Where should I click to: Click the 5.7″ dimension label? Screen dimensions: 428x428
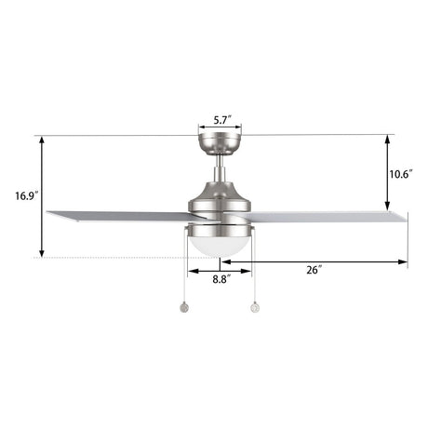[x=221, y=120]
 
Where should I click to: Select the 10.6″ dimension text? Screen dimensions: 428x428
[x=402, y=173]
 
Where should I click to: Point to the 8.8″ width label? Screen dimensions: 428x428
[x=221, y=279]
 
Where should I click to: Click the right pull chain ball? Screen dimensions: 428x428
[x=253, y=304]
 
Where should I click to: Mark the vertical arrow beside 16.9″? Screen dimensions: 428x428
[x=41, y=196]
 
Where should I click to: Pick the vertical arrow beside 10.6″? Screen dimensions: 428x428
[x=386, y=173]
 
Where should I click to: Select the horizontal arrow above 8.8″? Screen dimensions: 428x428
[x=221, y=271]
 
